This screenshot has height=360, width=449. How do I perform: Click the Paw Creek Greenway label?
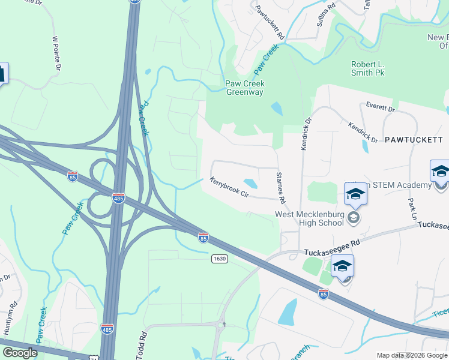(244, 88)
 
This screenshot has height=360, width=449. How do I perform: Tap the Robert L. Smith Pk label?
(367, 68)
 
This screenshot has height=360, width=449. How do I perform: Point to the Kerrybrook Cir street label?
(229, 187)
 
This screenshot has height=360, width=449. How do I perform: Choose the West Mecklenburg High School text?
(309, 218)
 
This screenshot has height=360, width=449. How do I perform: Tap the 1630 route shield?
(219, 258)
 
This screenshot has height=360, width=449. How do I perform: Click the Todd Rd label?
(143, 343)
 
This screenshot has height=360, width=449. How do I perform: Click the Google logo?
(20, 353)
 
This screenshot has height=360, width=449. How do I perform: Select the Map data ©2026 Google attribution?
(412, 355)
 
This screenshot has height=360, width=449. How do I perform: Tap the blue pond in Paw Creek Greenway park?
(277, 109)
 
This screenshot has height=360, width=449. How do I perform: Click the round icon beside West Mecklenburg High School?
(354, 218)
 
